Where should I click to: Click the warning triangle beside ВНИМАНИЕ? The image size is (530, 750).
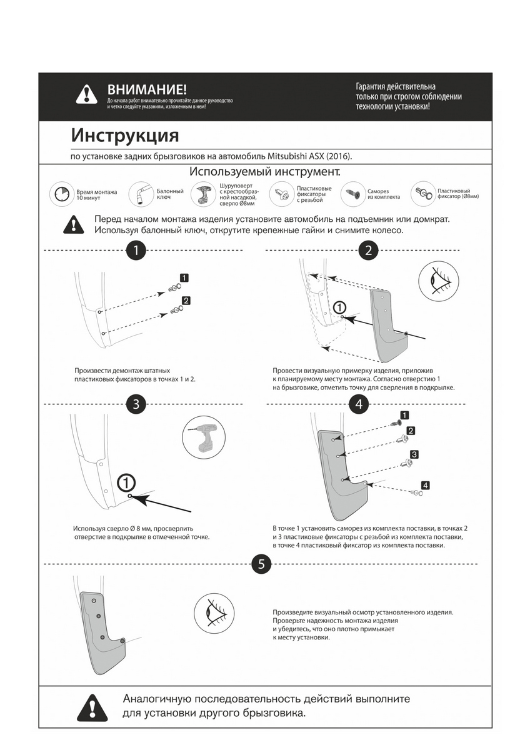(x=86, y=94)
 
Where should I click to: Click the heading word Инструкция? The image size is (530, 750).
(x=125, y=135)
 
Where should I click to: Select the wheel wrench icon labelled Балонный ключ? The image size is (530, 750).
(x=141, y=194)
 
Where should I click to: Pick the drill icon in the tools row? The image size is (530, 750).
(x=203, y=194)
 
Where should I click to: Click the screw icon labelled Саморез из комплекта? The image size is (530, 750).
(x=353, y=194)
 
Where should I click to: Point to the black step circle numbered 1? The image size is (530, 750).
(x=136, y=251)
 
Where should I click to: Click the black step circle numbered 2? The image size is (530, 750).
(x=368, y=251)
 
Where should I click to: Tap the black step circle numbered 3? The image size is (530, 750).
(x=136, y=404)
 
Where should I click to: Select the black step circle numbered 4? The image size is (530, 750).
(x=358, y=404)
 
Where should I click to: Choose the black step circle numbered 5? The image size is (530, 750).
(x=261, y=564)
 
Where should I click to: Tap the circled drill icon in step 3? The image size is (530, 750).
(x=204, y=437)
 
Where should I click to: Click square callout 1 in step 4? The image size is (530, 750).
(x=404, y=415)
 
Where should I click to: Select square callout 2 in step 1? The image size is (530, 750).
(x=186, y=301)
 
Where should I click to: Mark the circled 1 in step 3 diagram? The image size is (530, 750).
(x=126, y=482)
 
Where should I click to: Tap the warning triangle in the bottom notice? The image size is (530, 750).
(x=92, y=707)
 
